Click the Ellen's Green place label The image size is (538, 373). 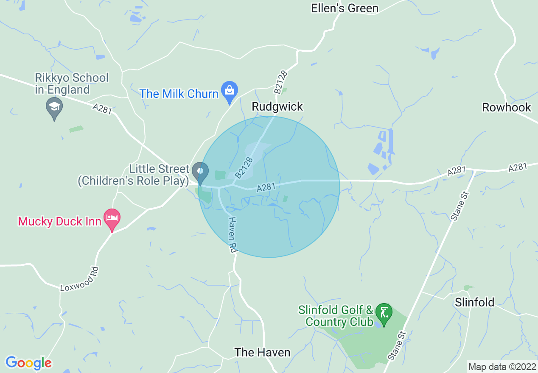tap(345, 8)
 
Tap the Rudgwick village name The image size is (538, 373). tap(277, 106)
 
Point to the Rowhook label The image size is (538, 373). tap(507, 107)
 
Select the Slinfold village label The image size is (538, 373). tap(474, 302)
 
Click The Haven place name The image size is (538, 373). tap(262, 352)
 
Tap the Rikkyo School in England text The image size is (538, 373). tap(72, 84)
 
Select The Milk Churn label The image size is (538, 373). tap(179, 94)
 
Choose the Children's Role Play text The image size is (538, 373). tap(133, 181)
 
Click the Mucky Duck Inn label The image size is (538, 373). tap(59, 221)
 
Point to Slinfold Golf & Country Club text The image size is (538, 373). tap(336, 316)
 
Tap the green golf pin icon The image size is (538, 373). tap(384, 314)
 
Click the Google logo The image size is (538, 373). tap(28, 363)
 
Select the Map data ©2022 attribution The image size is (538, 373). tap(502, 367)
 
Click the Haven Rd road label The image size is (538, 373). tap(232, 235)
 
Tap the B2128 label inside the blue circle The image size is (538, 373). tap(245, 167)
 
